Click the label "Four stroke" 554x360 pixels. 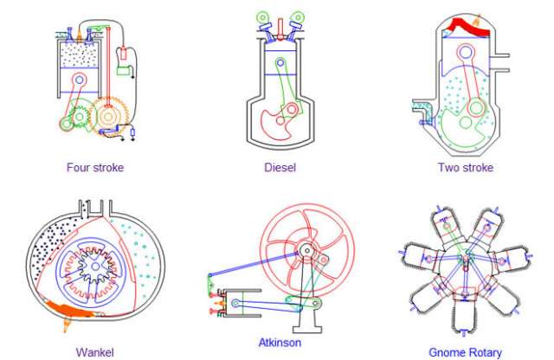94,167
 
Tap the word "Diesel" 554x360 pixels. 280,167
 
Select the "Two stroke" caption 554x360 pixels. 466,167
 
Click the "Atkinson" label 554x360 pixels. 280,342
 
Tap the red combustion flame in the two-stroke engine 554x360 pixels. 468,29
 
